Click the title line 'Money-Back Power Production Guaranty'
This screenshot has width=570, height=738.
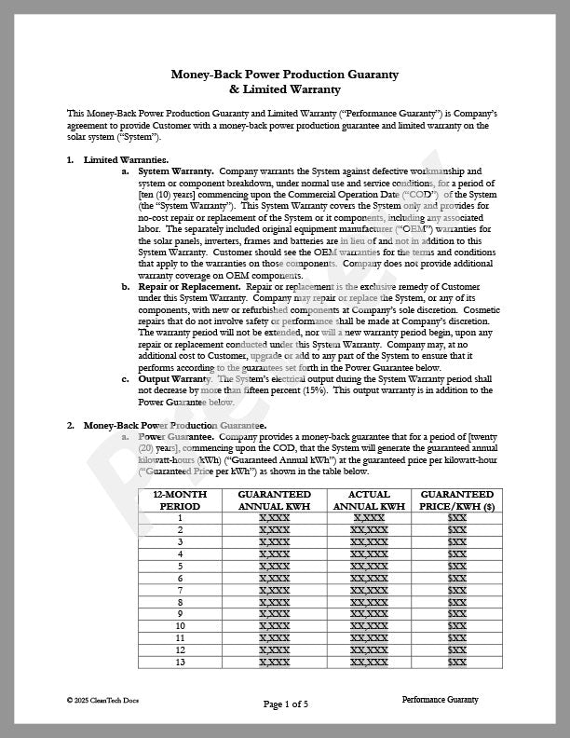pyautogui.click(x=285, y=74)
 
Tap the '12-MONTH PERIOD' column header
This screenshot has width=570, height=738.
pyautogui.click(x=180, y=499)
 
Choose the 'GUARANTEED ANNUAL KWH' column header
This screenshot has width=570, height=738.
pyautogui.click(x=274, y=499)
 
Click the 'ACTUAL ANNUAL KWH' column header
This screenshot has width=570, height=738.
pyautogui.click(x=369, y=499)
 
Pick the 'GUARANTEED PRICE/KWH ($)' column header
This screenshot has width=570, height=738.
pyautogui.click(x=456, y=499)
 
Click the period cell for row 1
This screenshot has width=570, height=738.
pyautogui.click(x=180, y=518)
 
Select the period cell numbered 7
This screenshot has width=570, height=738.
pyautogui.click(x=180, y=590)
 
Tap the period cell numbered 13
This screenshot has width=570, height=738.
pyautogui.click(x=180, y=662)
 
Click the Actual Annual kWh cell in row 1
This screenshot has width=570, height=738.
pyautogui.click(x=369, y=518)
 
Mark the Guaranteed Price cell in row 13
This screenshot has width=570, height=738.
pyautogui.click(x=456, y=662)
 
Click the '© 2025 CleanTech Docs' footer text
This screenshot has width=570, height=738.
pyautogui.click(x=102, y=699)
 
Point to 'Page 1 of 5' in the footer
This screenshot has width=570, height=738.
pyautogui.click(x=285, y=704)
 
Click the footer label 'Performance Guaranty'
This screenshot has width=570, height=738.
pyautogui.click(x=440, y=699)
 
